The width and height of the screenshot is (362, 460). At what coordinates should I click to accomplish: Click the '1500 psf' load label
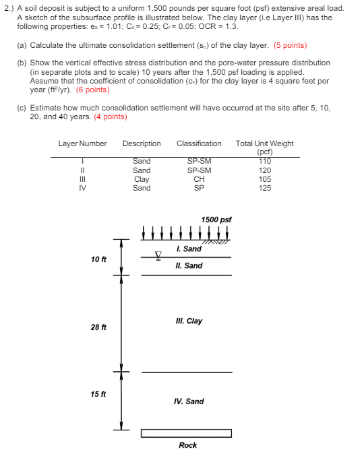pos(216,220)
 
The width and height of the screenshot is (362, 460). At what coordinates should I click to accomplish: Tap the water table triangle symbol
pos(159,255)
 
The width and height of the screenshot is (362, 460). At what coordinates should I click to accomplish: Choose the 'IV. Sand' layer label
pos(189,401)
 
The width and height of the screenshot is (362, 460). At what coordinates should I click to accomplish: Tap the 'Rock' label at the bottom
pos(188,445)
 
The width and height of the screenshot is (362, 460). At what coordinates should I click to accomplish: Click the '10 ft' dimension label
pos(98,259)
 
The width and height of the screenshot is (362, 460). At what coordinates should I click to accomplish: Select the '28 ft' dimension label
pos(98,327)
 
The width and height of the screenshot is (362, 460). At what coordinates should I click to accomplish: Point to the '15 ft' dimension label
pos(98,394)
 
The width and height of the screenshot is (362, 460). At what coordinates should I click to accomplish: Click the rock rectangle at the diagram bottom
pos(186,433)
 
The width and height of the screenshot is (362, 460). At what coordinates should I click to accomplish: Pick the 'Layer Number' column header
pos(82,143)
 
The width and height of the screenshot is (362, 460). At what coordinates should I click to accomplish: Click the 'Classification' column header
pos(199,143)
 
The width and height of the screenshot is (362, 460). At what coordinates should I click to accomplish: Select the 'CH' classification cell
pos(199,179)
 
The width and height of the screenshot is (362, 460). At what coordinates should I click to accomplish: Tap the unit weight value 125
pos(265,188)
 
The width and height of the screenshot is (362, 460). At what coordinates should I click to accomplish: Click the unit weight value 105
pos(265,179)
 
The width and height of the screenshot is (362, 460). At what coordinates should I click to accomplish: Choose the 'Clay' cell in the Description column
pos(142,179)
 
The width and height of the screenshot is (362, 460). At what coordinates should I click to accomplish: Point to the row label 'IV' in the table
pos(82,188)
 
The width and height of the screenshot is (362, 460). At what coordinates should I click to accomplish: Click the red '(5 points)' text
pos(290,45)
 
